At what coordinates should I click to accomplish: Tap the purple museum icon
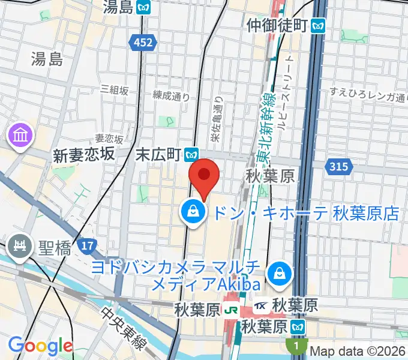20,135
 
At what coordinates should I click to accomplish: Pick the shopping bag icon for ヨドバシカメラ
280,274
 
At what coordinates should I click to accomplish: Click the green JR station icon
230,310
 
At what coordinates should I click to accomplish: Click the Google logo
40,346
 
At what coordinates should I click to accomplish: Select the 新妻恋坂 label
83,154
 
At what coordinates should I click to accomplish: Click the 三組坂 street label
115,89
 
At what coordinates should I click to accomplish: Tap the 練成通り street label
171,95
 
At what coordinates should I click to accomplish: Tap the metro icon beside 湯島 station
144,7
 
